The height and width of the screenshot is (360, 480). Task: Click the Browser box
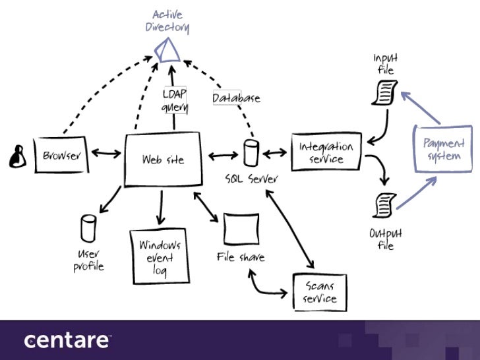point(61,156)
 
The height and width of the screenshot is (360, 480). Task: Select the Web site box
point(162,159)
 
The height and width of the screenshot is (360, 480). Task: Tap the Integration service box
point(326,152)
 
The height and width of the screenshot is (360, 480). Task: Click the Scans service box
point(318,292)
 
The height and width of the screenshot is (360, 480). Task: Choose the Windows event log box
point(159,256)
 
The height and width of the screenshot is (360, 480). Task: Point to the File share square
point(239,229)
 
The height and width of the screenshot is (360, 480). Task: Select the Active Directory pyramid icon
point(167,50)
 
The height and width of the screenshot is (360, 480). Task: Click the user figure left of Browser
point(16,156)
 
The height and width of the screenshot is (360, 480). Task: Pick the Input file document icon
point(385,92)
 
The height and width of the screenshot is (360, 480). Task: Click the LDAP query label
point(175,100)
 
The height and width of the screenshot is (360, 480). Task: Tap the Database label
point(236,98)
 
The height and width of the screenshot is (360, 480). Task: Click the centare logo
point(67,340)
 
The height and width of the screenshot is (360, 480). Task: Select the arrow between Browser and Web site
point(106,154)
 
